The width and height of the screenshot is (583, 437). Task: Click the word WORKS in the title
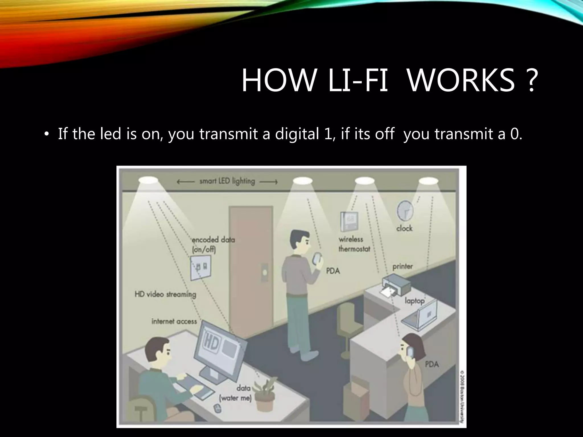coord(461,81)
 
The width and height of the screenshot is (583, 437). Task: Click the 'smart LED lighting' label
coord(227,181)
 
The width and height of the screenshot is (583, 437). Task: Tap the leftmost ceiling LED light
coord(148,180)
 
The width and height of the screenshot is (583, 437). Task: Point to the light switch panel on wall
coord(201,267)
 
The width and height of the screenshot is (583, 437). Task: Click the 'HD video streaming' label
coord(165,294)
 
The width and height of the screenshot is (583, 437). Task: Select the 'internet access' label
coord(174,321)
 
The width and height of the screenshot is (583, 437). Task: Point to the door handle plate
coord(265,272)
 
